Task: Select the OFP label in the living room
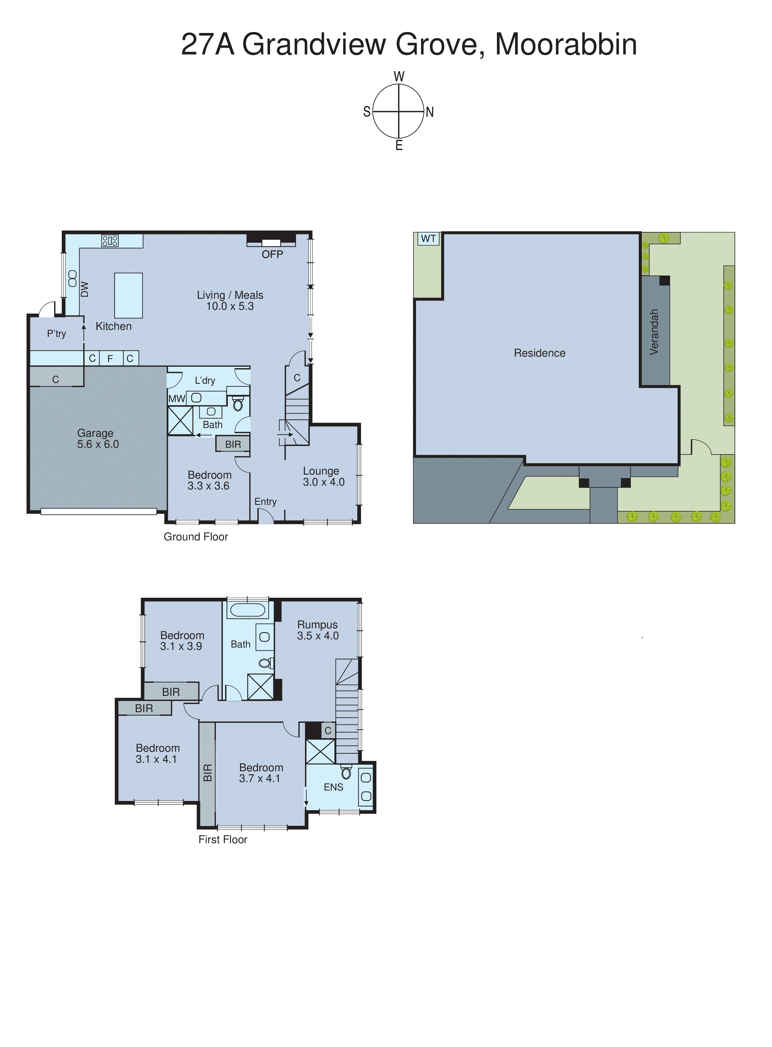pos(272,254)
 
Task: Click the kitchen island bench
pos(128,296)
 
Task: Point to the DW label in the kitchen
pos(84,289)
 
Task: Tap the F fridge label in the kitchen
pos(110,359)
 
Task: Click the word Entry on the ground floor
pos(265,502)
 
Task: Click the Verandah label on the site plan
pos(654,332)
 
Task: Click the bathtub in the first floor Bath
pos(248,610)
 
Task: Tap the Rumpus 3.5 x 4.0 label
pos(318,630)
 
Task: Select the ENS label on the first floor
pos(333,787)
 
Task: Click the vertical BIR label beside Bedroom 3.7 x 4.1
pos(207,773)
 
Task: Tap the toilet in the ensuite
pos(346,772)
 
